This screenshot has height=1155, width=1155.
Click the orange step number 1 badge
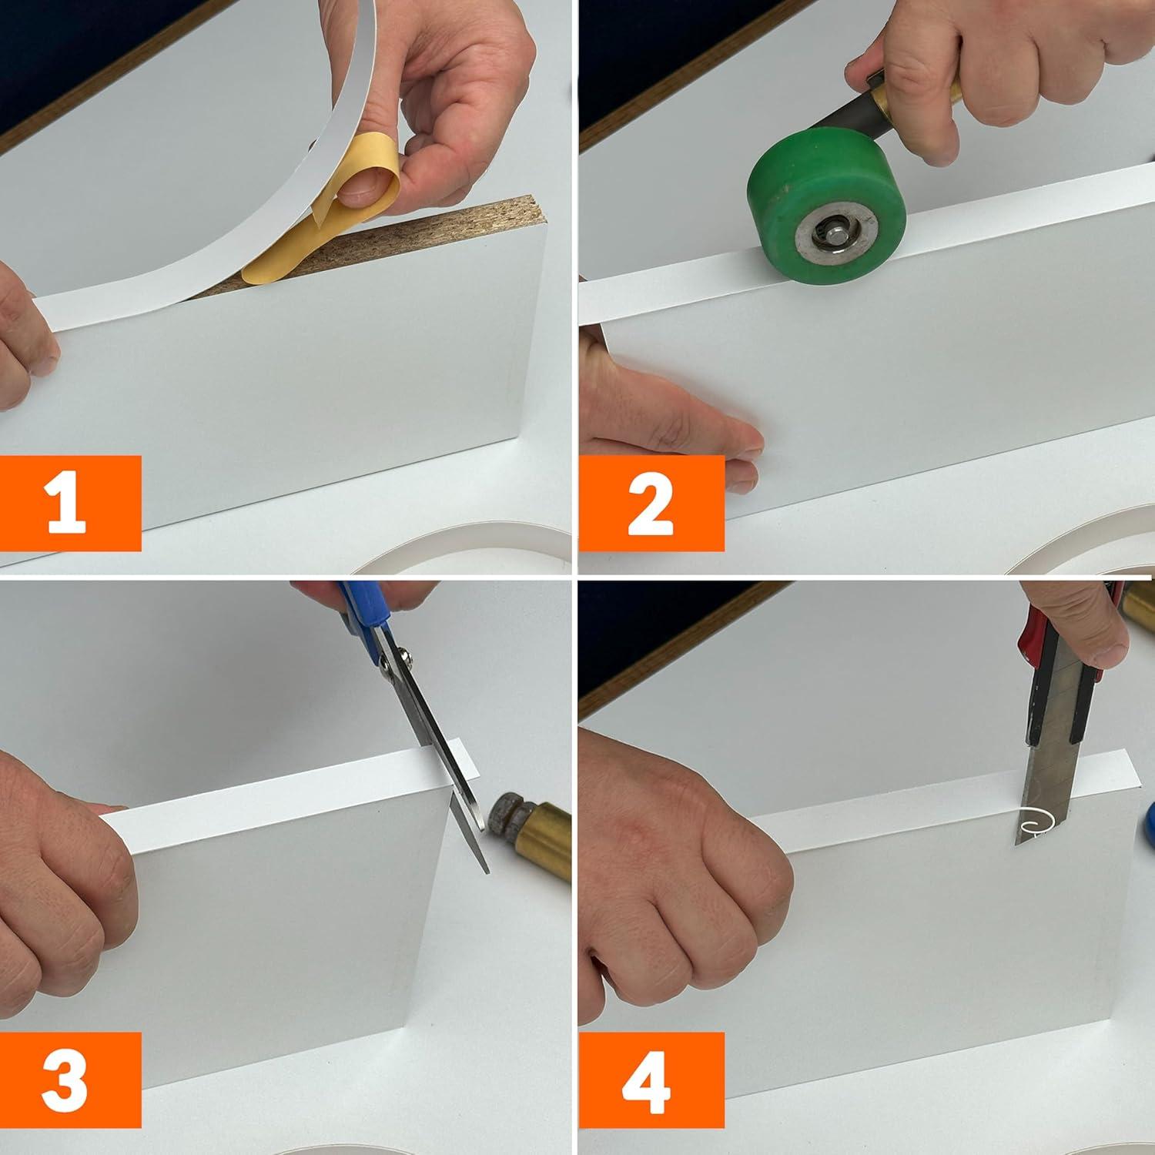tap(71, 503)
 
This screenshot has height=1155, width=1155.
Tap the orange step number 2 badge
tap(651, 503)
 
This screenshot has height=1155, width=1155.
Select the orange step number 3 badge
tap(71, 1080)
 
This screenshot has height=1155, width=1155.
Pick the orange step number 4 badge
tap(651, 1080)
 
